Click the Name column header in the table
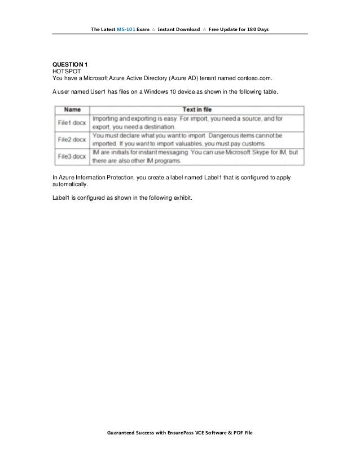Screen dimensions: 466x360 72,109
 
